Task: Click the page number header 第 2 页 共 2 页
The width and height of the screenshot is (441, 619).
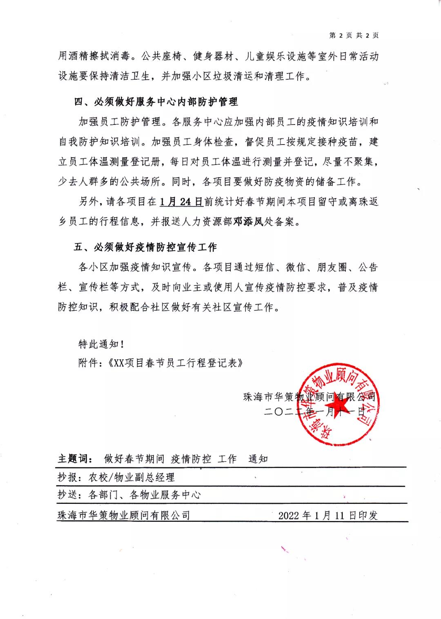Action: [354, 36]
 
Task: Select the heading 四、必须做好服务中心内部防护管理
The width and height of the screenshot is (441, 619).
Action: [156, 102]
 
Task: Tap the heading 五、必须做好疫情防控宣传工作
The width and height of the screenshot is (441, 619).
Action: [145, 247]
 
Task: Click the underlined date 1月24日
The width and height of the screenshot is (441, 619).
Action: [181, 202]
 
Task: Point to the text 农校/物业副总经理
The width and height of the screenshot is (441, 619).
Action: [132, 477]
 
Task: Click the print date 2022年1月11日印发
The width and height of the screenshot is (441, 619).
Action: [328, 515]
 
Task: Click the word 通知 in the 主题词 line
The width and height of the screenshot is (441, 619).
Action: [258, 459]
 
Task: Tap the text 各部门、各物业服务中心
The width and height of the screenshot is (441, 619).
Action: [145, 495]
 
